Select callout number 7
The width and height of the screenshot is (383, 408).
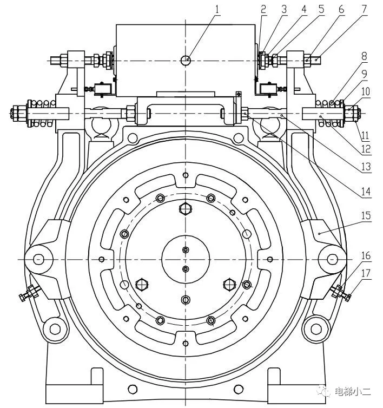364,9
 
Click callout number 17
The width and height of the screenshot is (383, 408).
366,274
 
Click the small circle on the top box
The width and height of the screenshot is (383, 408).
186,61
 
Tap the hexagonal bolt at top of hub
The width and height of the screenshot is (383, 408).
186,209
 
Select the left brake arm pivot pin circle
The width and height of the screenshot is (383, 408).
38,259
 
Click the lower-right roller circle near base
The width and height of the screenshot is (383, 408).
315,327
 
